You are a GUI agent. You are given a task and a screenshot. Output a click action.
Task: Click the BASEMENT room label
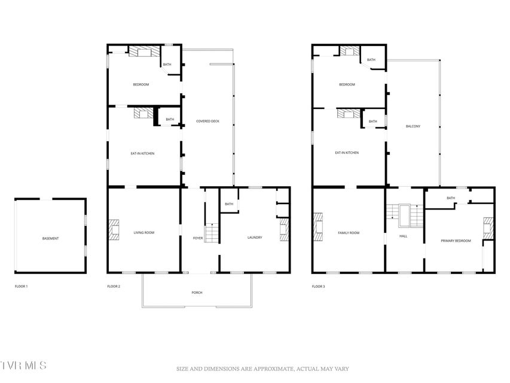[50, 238]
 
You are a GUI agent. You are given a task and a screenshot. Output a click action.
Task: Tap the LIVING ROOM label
[144, 233]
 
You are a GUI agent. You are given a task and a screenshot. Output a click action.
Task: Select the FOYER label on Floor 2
[198, 238]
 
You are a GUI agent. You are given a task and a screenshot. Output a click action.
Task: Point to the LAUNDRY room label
[255, 238]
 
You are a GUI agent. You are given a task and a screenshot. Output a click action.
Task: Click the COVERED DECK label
[207, 121]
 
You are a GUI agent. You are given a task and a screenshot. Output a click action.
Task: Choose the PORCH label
[197, 293]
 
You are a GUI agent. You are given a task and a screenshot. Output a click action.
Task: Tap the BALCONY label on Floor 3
[413, 126]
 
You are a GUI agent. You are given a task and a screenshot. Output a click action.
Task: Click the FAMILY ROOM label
[349, 233]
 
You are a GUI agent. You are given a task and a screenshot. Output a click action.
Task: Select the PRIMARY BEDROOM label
[456, 241]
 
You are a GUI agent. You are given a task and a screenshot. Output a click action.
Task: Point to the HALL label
[404, 236]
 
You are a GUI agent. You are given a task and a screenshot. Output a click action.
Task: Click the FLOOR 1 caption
[21, 286]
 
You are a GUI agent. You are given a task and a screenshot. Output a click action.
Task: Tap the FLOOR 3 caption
[319, 287]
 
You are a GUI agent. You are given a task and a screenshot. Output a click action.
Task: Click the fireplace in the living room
[114, 230]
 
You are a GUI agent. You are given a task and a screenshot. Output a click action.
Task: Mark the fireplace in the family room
[317, 227]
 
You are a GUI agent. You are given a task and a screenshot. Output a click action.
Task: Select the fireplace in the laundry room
[284, 230]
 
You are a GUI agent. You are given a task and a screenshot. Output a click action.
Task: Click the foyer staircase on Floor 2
[212, 233]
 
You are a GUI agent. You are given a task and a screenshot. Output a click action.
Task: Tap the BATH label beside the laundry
[229, 204]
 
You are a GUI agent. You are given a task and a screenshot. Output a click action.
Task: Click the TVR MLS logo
[23, 365]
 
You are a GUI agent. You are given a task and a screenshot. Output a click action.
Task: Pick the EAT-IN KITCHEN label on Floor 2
[142, 153]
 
